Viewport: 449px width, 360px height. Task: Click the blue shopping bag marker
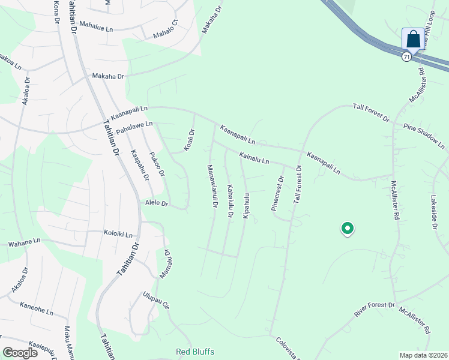tap(413, 40)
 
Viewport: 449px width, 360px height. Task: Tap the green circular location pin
tap(347, 229)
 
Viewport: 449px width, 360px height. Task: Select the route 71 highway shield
tap(407, 56)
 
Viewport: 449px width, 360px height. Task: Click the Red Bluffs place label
tap(194, 352)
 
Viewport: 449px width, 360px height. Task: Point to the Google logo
tap(20, 352)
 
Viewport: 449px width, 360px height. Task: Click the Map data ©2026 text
tap(424, 355)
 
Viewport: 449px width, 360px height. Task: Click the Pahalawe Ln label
tap(134, 127)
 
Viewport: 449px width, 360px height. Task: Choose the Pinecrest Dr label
tap(276, 193)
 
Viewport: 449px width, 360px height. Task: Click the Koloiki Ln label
tap(118, 234)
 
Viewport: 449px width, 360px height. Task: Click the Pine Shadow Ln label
tap(424, 137)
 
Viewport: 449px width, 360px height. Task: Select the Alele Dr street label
tap(156, 204)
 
